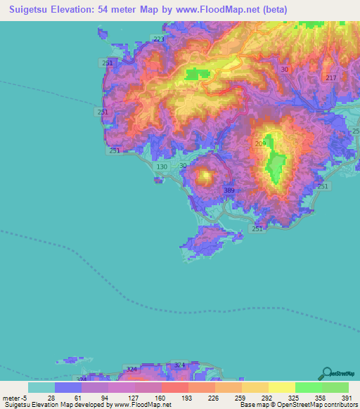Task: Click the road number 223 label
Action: pos(158,39)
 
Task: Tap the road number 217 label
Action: pos(331,77)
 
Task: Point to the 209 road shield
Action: pos(260,143)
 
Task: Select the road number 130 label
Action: pos(162,167)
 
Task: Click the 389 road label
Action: pos(229,190)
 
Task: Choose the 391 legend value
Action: pos(347,398)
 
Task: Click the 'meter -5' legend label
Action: pos(14,398)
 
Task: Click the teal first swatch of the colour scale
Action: pos(41,387)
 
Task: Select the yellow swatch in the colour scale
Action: pos(281,387)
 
